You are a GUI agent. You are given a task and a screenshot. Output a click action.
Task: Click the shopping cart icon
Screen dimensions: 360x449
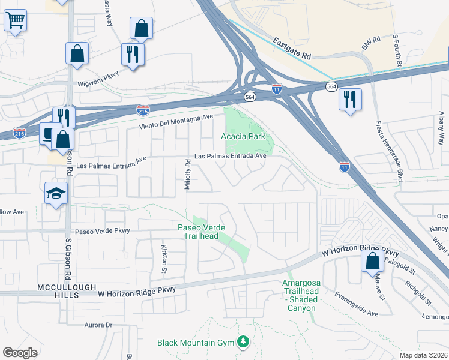pos(16,21)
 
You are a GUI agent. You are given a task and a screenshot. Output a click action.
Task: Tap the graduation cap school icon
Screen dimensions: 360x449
pos(56,193)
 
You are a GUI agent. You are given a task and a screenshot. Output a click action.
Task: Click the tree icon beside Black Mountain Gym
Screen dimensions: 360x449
pos(243,342)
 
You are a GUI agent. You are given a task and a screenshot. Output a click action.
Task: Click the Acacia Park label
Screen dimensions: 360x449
pos(243,136)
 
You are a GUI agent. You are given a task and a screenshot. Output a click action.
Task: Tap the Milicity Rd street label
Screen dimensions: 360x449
pos(188,175)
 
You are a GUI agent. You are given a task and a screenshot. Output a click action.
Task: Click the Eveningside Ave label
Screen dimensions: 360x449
pos(357,313)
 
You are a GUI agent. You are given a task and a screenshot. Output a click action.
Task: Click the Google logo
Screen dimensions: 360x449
pos(20,352)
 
